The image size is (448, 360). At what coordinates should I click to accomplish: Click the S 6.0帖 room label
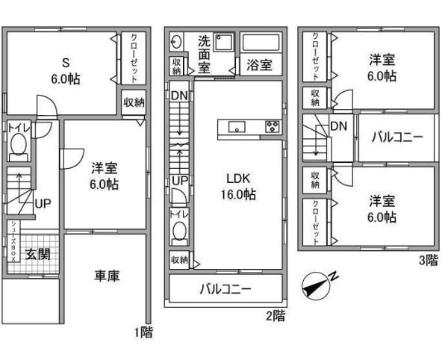[66, 70]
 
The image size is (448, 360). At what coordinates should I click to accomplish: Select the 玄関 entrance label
[39, 254]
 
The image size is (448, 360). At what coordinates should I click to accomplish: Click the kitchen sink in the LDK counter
[238, 127]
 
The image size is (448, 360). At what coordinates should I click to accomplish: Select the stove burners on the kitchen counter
[272, 126]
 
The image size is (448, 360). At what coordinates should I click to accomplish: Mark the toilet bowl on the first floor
[19, 153]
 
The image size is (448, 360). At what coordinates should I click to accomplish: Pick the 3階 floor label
[428, 261]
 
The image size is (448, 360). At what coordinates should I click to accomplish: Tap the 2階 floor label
[275, 315]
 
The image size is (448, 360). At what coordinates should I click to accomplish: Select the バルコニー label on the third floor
[397, 137]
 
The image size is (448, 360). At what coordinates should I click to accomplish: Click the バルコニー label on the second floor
[224, 289]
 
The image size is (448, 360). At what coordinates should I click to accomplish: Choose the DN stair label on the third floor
[337, 126]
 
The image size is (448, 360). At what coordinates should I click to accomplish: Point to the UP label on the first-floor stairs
[43, 202]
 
